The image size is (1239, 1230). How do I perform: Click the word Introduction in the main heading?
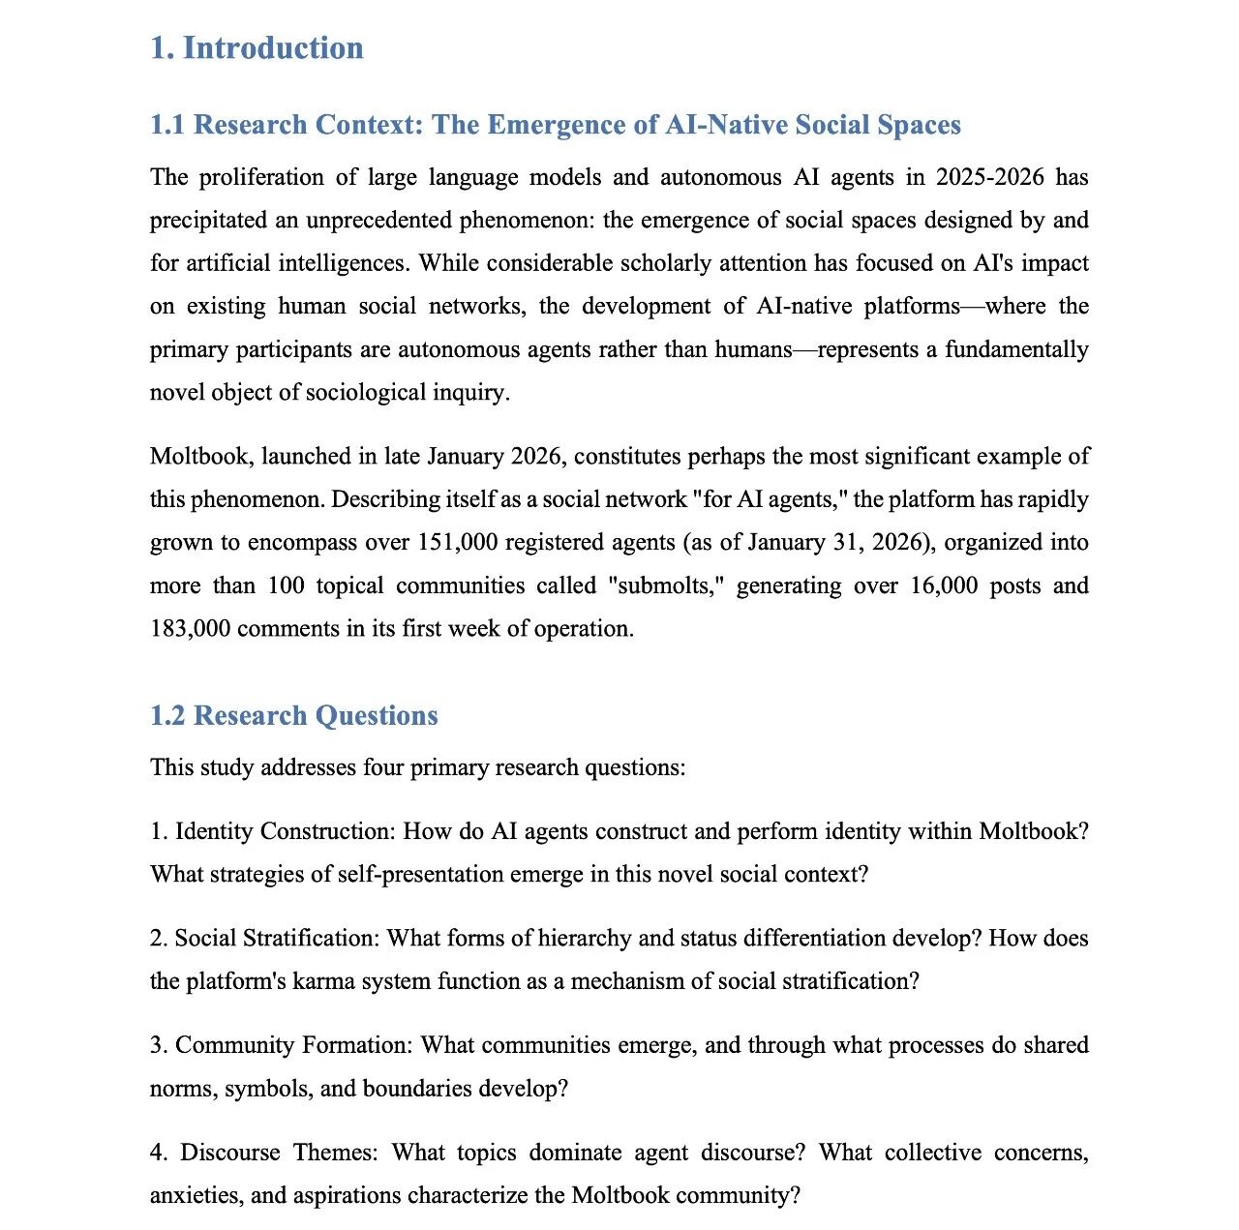click(273, 47)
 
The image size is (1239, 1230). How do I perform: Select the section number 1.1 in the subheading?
click(168, 125)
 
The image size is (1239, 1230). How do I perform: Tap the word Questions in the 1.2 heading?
click(377, 715)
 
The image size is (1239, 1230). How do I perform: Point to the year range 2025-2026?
click(989, 177)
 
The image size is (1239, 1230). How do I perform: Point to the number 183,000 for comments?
click(190, 628)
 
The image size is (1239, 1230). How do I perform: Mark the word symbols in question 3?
click(268, 1088)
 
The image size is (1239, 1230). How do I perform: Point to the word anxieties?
click(195, 1195)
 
